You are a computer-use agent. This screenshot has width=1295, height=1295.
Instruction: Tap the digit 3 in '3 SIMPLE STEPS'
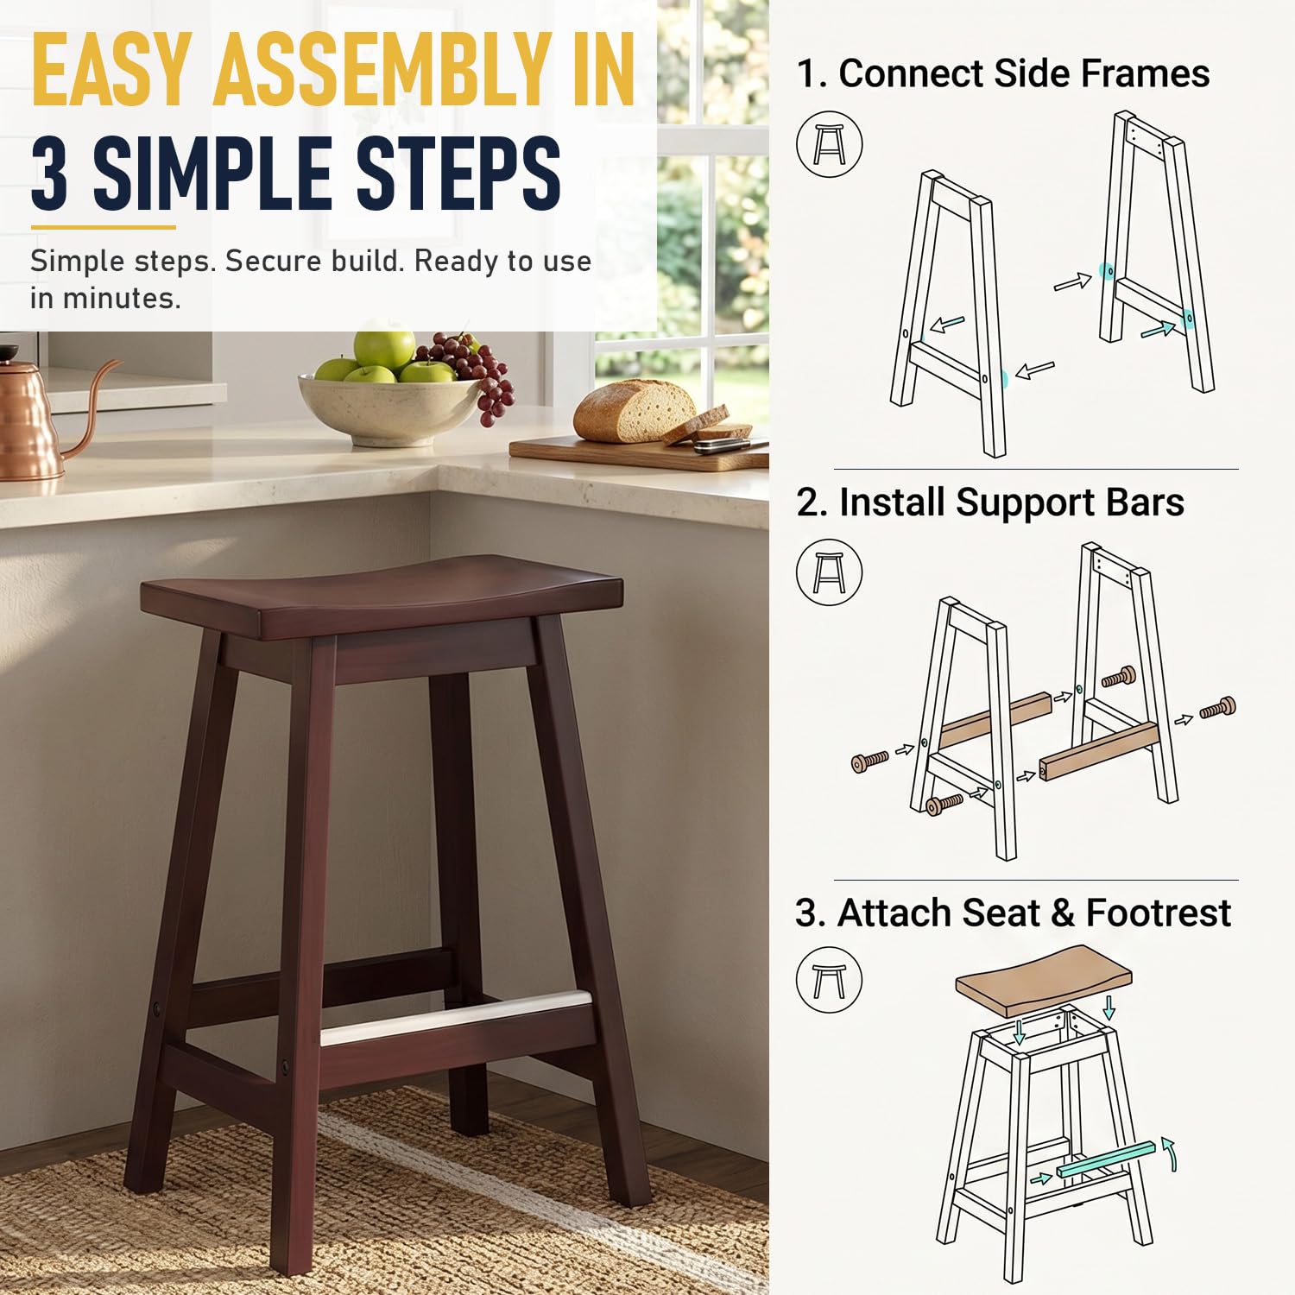[x=50, y=173]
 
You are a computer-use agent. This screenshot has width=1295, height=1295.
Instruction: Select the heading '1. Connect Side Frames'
[x=1002, y=73]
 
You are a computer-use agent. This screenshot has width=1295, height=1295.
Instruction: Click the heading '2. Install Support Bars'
[x=990, y=502]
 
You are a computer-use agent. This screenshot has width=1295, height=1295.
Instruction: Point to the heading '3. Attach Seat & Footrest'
[x=1013, y=913]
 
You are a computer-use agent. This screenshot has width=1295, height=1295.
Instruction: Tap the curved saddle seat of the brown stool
[x=382, y=596]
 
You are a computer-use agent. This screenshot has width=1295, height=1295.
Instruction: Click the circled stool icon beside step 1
[x=829, y=144]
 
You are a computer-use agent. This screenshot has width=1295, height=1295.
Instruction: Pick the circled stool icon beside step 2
[x=829, y=572]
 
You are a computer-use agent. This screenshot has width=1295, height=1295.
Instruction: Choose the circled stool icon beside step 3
[x=829, y=980]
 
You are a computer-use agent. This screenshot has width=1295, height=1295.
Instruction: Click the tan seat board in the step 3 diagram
[x=1044, y=981]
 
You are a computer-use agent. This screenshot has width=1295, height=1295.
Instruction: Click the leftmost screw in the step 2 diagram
[x=870, y=761]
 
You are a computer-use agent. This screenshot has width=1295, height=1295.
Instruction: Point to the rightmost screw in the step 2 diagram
[x=1218, y=709]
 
